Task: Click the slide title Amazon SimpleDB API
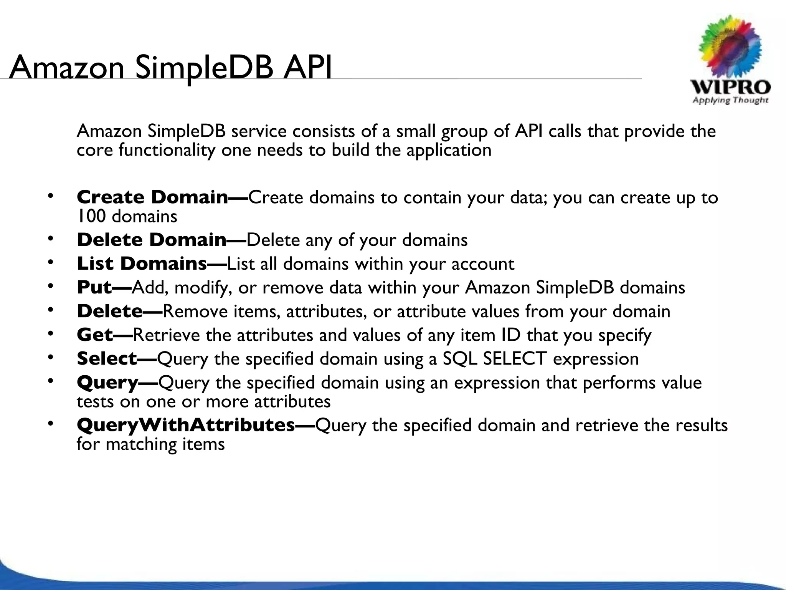pos(170,68)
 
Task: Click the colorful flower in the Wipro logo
pos(730,48)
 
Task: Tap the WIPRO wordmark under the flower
pos(730,87)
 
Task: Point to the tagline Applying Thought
pos(730,100)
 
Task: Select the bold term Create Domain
pos(152,197)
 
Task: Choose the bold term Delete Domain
pos(152,240)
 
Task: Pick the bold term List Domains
pos(142,264)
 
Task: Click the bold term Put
pos(94,288)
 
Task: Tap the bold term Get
pos(95,335)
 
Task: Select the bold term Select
pos(107,359)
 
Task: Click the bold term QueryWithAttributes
pos(186,425)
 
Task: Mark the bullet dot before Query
pos(50,381)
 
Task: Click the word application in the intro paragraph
pos(449,150)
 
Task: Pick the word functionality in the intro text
pos(167,150)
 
